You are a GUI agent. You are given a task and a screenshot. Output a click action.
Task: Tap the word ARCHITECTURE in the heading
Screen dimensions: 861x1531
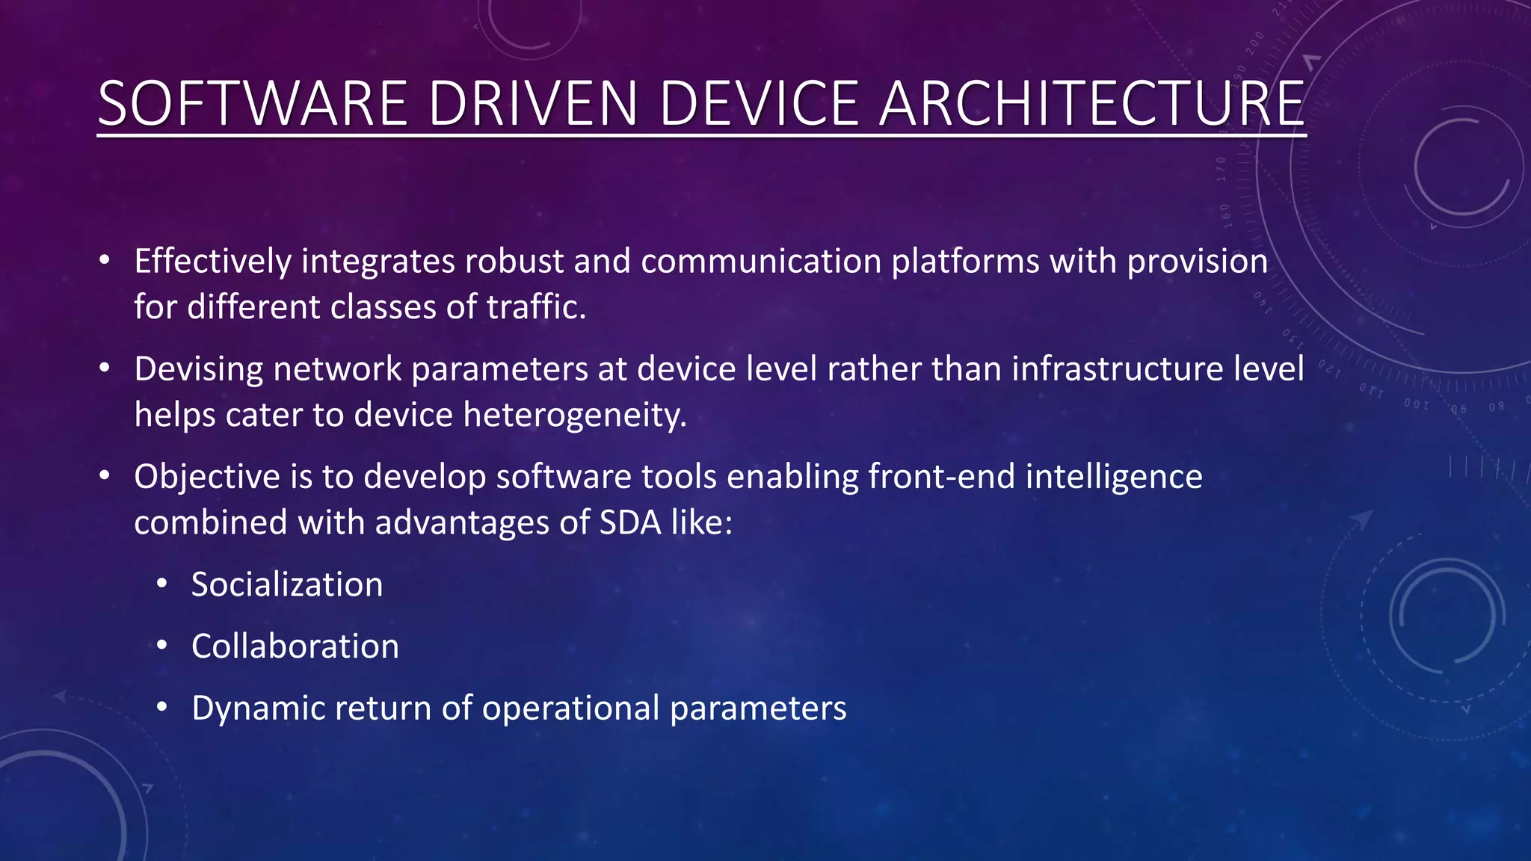tap(1092, 104)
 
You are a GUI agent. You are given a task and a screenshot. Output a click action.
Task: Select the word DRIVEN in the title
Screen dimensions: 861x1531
tap(533, 104)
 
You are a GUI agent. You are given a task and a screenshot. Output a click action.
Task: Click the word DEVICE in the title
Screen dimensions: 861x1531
tap(759, 104)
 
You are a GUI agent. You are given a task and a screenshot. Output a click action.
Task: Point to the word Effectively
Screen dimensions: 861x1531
tap(212, 262)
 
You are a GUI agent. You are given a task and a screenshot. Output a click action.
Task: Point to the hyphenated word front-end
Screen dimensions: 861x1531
tap(941, 477)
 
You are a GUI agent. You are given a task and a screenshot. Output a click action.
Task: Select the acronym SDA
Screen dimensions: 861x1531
tap(630, 522)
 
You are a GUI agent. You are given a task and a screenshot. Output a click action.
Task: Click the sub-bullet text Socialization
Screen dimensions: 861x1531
tap(287, 584)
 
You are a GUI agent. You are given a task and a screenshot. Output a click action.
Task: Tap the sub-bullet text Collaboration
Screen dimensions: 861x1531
tap(295, 646)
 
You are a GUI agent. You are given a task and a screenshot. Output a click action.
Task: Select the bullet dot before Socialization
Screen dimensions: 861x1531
tap(162, 584)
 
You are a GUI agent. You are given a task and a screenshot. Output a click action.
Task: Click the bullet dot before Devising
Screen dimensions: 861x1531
tap(105, 368)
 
